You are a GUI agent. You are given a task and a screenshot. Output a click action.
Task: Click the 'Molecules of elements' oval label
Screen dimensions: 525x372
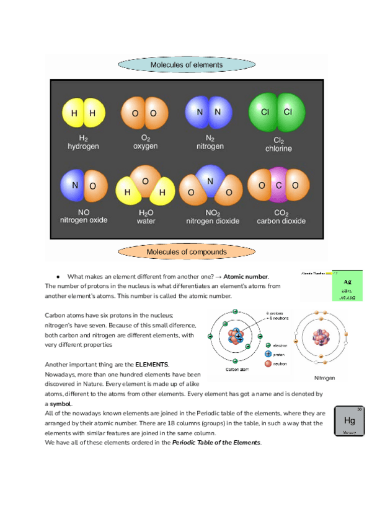(186, 64)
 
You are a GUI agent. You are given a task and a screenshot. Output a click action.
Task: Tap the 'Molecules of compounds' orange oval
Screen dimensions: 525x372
(186, 252)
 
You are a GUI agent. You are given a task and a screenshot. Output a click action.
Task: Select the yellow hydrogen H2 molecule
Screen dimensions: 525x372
(83, 113)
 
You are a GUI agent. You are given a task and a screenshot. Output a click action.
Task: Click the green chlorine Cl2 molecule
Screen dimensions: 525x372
(276, 112)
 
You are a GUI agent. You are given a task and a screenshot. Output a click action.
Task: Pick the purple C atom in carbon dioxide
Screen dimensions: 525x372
(279, 185)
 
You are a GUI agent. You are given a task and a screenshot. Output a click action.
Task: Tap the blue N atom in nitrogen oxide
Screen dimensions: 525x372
(73, 185)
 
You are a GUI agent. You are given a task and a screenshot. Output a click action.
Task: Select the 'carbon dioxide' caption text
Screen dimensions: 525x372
(281, 221)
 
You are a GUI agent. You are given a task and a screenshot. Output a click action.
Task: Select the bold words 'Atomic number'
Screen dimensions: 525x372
(246, 276)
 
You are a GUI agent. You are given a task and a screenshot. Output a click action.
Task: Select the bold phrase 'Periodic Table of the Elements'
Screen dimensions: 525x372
(216, 443)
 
